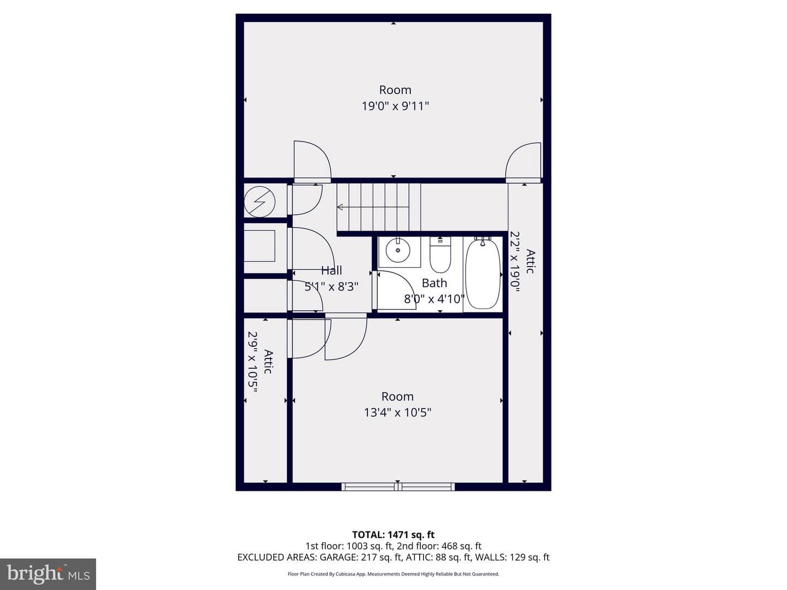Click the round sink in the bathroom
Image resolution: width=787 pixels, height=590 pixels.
coord(397,250)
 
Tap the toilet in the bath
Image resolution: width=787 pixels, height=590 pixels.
coord(440,255)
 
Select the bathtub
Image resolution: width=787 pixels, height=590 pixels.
coord(483,273)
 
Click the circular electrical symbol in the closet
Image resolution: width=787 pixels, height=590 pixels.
coord(259,202)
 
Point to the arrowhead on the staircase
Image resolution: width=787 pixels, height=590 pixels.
coord(339,207)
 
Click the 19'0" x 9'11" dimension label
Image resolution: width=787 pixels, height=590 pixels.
coord(395,106)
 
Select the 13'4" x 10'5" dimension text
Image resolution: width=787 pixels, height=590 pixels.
coord(397,412)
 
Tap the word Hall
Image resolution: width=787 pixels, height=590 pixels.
coord(331,270)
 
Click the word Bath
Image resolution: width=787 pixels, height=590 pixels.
coord(434,283)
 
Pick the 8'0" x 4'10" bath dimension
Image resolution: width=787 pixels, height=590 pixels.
coord(434,299)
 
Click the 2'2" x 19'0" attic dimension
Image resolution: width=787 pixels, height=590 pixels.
coord(515,262)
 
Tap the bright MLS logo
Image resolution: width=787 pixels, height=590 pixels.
coord(48,574)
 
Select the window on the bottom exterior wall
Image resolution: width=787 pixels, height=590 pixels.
coord(398,487)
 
